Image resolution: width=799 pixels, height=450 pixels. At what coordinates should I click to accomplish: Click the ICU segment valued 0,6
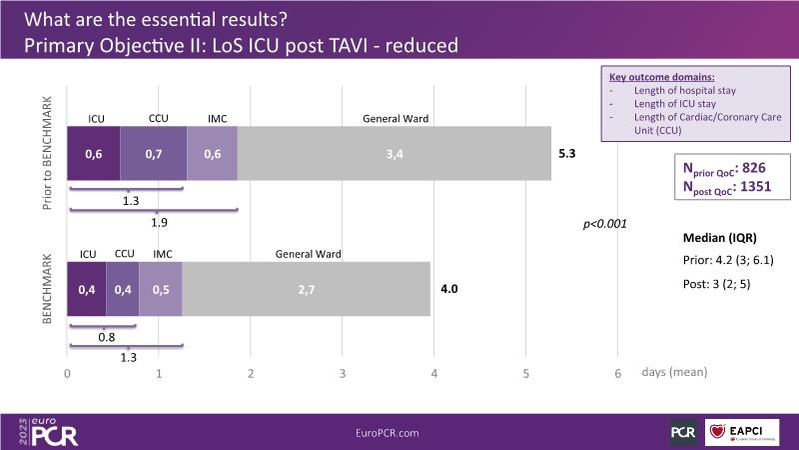(x=93, y=154)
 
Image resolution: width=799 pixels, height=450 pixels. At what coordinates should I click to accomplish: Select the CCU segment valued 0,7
(x=153, y=154)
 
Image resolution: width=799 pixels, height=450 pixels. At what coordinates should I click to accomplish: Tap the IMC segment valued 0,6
(x=212, y=154)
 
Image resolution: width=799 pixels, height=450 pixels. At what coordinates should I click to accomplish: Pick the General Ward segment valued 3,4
(x=395, y=154)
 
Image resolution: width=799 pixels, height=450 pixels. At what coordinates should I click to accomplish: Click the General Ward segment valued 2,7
(x=307, y=289)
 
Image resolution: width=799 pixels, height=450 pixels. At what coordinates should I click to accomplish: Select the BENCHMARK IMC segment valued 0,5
(x=160, y=289)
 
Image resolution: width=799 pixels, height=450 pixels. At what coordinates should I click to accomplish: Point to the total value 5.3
(x=567, y=155)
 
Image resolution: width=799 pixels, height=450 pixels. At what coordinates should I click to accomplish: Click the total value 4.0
(x=448, y=290)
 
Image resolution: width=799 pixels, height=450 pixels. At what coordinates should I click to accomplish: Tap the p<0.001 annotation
(x=604, y=224)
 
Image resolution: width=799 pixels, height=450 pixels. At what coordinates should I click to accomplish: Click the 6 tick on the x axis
(x=617, y=373)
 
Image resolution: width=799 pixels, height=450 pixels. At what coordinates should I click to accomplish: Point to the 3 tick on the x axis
(x=343, y=373)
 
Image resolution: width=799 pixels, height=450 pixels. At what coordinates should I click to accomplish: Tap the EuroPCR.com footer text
(x=387, y=431)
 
